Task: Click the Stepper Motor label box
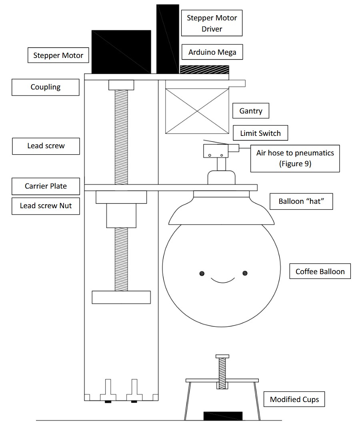pos(58,55)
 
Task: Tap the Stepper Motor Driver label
pos(212,23)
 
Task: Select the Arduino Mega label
pos(212,52)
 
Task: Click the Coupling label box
pos(45,87)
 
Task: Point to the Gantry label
pos(251,111)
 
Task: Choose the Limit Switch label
pos(260,133)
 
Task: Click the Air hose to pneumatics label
pos(295,158)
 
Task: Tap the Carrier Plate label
pos(46,186)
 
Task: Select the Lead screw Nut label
pos(45,206)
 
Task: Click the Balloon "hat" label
pos(300,201)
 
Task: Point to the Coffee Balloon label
pos(320,271)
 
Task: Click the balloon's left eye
pos(202,273)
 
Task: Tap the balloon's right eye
pos(245,273)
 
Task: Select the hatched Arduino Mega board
pos(204,70)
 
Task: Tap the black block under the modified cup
pos(223,416)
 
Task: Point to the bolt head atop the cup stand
pos(222,356)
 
